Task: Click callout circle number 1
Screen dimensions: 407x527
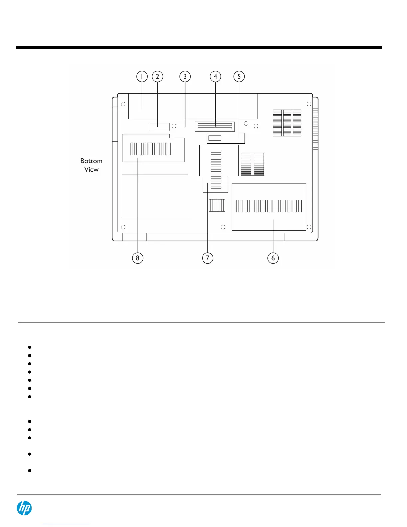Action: (142, 76)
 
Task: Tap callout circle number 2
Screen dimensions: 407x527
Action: (158, 76)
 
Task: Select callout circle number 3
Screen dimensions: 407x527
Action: (185, 76)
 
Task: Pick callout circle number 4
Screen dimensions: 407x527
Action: (215, 76)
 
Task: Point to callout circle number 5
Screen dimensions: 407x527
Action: (239, 76)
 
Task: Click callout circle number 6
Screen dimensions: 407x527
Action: (273, 258)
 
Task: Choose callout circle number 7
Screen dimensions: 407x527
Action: (208, 258)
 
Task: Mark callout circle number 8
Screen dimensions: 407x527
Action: (138, 258)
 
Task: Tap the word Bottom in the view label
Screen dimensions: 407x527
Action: (91, 161)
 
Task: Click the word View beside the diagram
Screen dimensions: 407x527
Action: (91, 170)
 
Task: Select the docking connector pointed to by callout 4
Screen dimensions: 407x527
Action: (215, 126)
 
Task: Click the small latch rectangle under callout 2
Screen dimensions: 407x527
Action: (159, 127)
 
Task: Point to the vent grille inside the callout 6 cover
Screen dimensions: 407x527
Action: (269, 206)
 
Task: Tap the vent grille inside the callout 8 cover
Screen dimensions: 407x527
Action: (150, 149)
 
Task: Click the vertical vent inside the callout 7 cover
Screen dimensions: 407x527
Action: (216, 170)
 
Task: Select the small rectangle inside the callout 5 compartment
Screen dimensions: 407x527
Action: (215, 138)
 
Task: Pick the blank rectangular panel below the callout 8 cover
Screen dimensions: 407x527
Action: (155, 196)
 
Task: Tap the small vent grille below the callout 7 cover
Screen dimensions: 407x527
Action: (217, 205)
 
